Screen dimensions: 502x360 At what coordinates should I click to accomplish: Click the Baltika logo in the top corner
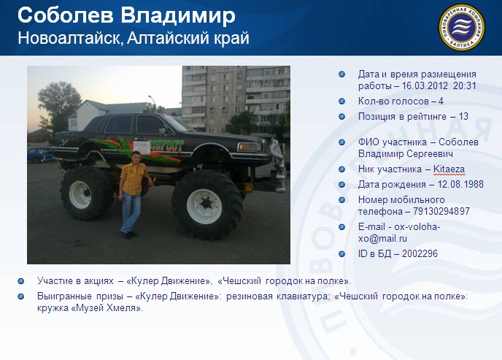coord(461,27)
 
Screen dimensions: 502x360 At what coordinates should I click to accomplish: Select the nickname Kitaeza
coord(449,169)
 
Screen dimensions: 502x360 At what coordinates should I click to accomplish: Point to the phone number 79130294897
coord(441,211)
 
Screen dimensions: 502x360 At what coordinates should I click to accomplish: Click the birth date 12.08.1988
coord(460,185)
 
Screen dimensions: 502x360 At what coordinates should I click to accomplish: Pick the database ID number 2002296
coord(420,253)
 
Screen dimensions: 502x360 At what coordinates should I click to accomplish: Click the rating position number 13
coord(463,116)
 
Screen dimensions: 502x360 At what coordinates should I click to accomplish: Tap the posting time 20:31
coord(465,86)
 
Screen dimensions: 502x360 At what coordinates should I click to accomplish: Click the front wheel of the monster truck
coord(206,205)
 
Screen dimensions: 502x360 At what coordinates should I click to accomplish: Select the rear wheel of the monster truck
coord(86,193)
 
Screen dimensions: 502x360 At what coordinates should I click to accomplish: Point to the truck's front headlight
coord(249,147)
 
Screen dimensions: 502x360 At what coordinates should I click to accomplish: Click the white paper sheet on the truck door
coord(142,148)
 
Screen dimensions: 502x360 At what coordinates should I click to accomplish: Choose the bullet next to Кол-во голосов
coord(342,102)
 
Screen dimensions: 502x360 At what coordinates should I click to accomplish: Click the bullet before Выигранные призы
coord(21,296)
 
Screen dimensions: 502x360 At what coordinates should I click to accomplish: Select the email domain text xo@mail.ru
coord(382,239)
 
